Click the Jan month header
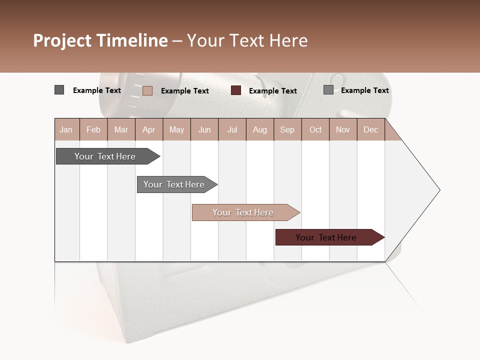66,129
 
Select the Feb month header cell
93,129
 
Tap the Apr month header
149,129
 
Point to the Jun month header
204,129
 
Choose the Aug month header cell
260,129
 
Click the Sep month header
287,129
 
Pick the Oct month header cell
315,129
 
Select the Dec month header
371,129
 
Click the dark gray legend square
59,90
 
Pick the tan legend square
147,90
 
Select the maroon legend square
236,90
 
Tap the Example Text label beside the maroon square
272,91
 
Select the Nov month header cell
343,129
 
